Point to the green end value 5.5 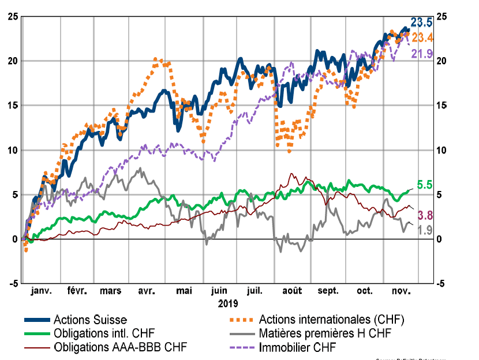(424, 185)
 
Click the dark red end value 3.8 (425, 216)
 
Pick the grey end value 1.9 (425, 230)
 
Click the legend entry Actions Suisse (89, 319)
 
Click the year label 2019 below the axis (228, 302)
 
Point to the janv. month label (40, 291)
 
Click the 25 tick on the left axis (12, 16)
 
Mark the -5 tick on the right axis (441, 283)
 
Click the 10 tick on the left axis (12, 150)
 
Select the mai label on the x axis (184, 291)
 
